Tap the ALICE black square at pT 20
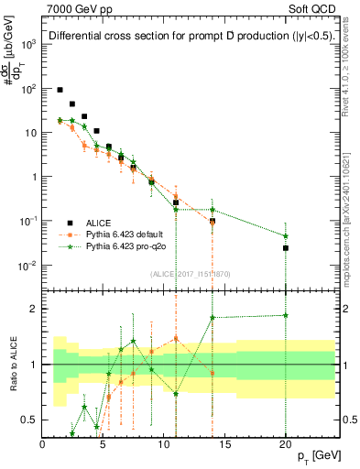click(286, 248)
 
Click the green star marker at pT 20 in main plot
click(286, 236)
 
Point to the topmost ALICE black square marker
click(60, 90)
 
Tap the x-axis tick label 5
click(104, 443)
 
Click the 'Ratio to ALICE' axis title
click(13, 365)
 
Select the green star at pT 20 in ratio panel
click(286, 315)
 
